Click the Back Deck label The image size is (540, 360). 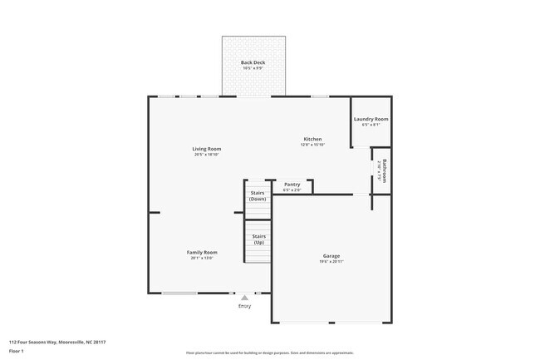(253, 62)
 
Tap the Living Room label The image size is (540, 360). (207, 149)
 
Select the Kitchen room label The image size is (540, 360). (312, 139)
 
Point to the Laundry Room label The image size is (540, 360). (371, 119)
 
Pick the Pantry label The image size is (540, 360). (292, 185)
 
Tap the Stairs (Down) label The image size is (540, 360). (258, 195)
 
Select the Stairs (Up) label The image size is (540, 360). (258, 239)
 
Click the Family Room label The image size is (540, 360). (202, 252)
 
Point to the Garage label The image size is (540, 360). (331, 255)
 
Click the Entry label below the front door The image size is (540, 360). (244, 306)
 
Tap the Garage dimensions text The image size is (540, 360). (331, 261)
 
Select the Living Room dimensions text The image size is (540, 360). (207, 155)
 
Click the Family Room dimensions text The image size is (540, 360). (202, 258)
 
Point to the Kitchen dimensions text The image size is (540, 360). (312, 145)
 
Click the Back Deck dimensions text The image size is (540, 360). (253, 68)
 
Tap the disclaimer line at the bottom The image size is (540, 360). (269, 353)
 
